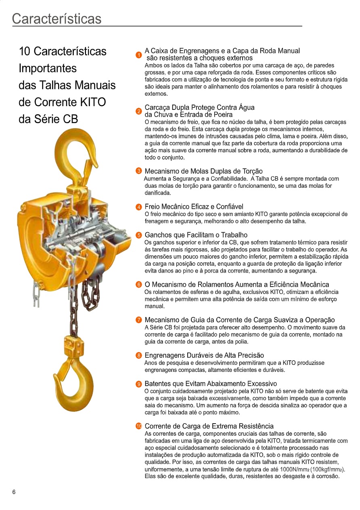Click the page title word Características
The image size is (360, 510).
coord(57,19)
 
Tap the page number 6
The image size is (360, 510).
coord(14,492)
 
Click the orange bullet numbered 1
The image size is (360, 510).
coord(139,55)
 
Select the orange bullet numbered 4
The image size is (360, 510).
coord(139,207)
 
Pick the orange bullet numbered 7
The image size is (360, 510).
coord(139,321)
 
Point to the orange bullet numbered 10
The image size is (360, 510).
coord(139,426)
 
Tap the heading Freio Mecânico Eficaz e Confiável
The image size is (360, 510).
coord(194,207)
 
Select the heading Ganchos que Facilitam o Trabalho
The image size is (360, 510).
coord(196,235)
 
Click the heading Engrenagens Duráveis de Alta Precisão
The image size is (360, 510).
coord(204,355)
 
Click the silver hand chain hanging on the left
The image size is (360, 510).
coord(36,293)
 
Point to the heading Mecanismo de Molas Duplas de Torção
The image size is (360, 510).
coord(203,171)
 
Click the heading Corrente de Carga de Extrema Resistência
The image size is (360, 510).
coord(209,426)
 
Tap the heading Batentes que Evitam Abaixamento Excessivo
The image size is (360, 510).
coord(211,384)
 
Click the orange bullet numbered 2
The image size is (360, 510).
coord(139,111)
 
